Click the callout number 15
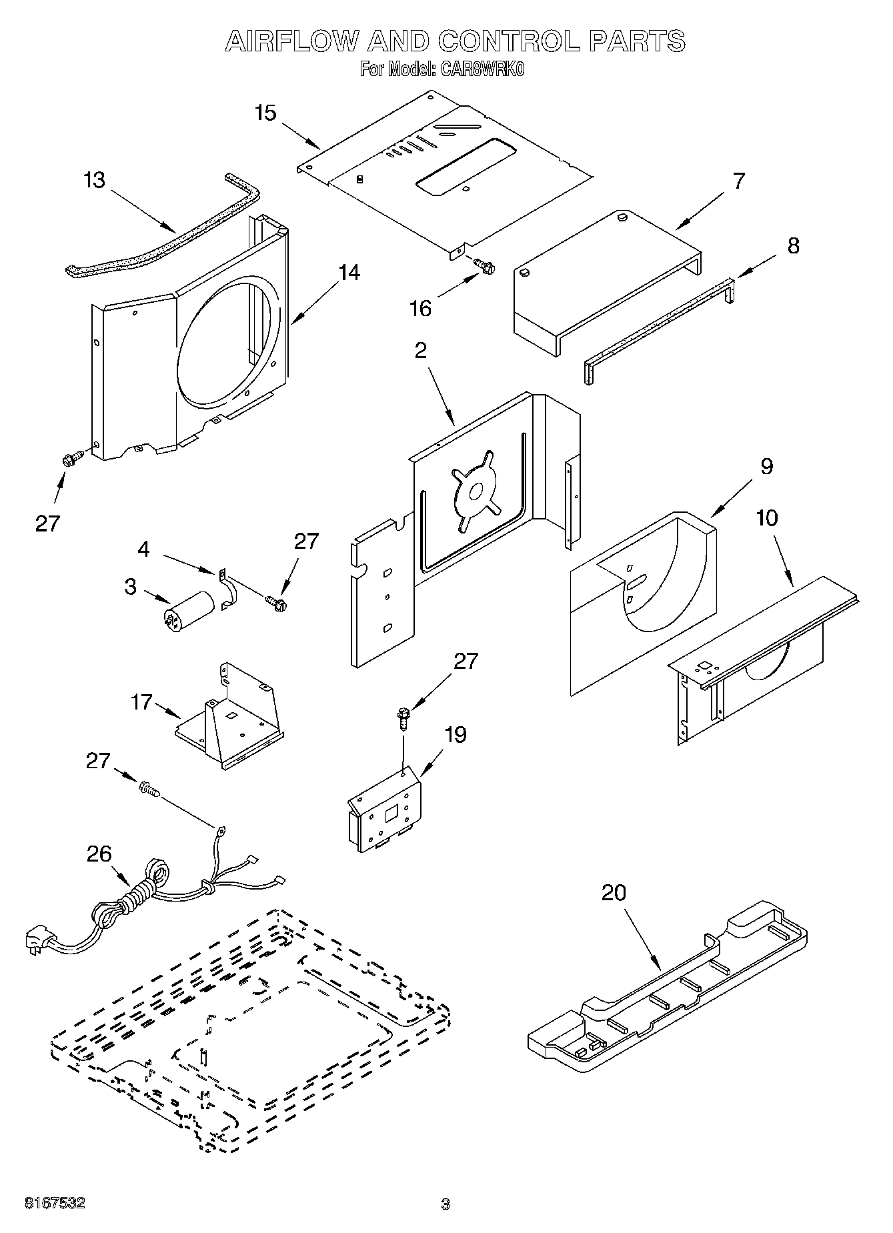(265, 113)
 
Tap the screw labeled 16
(484, 266)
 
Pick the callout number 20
(614, 892)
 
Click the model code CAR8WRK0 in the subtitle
(482, 69)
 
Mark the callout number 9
(766, 466)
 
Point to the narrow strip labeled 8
(657, 326)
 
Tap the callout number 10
(767, 517)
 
